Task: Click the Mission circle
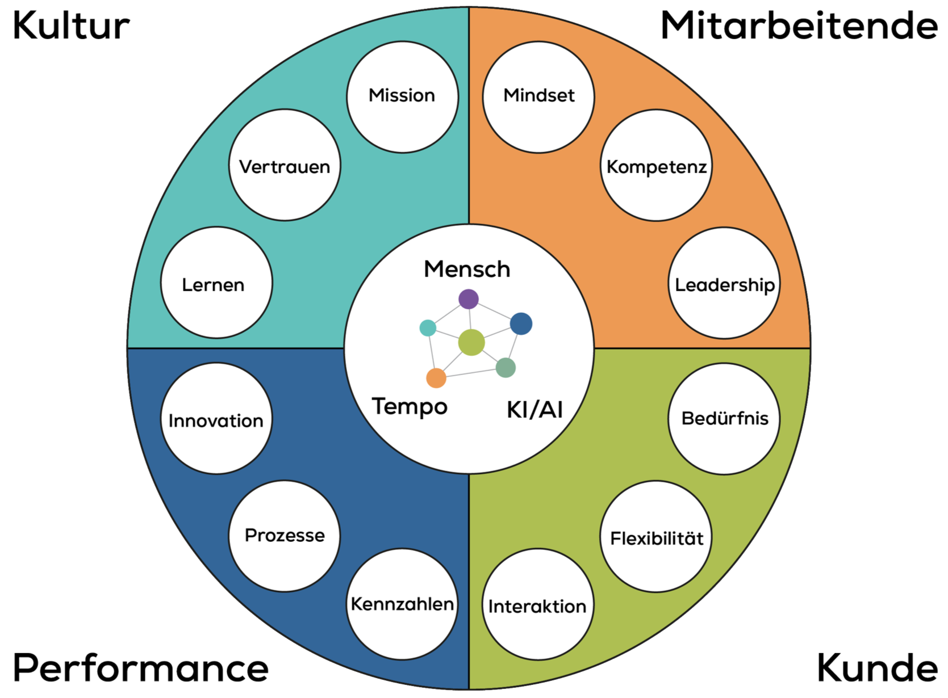(402, 96)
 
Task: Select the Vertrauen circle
(285, 165)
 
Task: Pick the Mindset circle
(538, 96)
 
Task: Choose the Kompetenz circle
(656, 165)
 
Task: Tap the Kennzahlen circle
(402, 604)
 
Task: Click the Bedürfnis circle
(724, 419)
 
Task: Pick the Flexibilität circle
(656, 537)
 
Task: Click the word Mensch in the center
(467, 269)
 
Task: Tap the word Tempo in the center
(410, 407)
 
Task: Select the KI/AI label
(534, 409)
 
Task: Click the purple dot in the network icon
(469, 298)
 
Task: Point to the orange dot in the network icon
(436, 378)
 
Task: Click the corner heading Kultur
(72, 26)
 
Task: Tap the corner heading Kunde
(877, 668)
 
